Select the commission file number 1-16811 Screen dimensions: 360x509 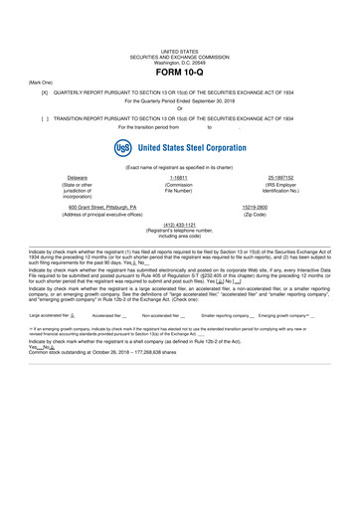coord(179,177)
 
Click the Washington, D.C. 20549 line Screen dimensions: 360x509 coord(179,62)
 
